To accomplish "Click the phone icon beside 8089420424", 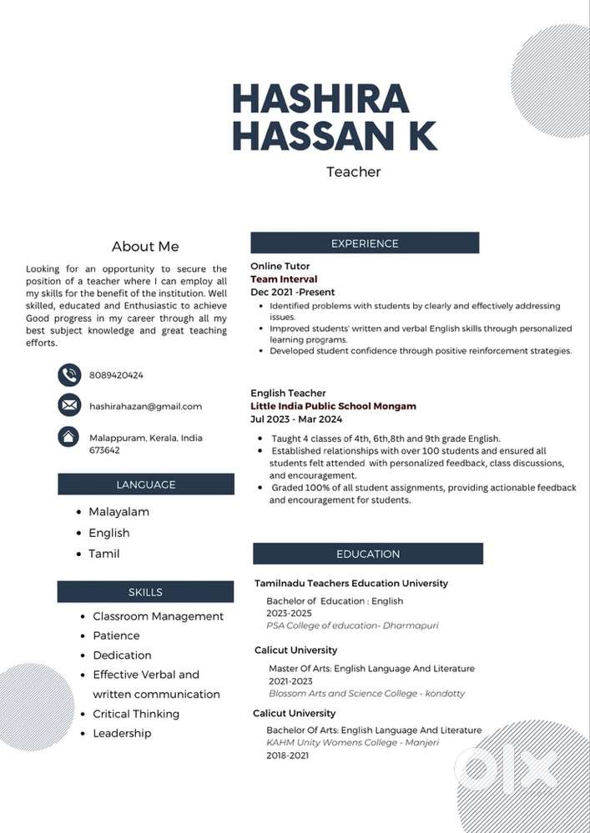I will [69, 375].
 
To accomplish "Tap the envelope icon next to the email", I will [69, 406].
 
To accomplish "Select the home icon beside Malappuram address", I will [69, 437].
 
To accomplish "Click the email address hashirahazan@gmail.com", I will [145, 406].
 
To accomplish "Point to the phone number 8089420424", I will [116, 375].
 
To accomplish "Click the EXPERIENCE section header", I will [365, 243].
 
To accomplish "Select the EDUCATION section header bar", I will [368, 554].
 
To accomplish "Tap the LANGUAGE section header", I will [146, 484].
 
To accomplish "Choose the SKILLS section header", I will [145, 592].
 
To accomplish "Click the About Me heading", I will [145, 246].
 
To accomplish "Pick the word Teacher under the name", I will [353, 172].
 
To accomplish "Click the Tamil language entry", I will [104, 554].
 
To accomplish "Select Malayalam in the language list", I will [119, 511].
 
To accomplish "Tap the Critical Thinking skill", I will [136, 714].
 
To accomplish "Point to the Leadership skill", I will [122, 733].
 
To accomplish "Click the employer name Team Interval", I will [284, 279].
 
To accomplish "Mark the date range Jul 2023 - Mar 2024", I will [296, 419].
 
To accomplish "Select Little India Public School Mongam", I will [333, 406].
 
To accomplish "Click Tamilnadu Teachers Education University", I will [351, 584].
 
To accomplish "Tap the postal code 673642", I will [104, 450].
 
